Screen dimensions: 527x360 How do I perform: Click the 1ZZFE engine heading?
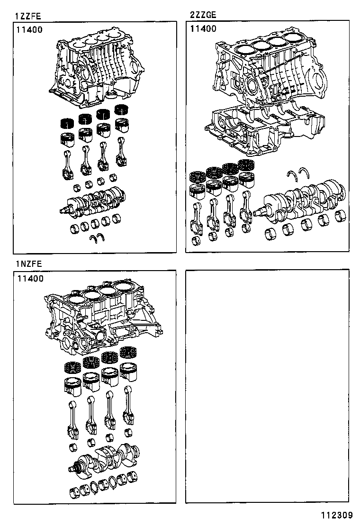28,16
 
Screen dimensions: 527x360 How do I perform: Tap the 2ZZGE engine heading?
203,15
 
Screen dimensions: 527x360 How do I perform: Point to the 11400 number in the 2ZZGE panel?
203,28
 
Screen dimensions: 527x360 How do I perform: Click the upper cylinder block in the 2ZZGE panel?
270,71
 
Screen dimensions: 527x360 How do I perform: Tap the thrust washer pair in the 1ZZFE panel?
98,238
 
